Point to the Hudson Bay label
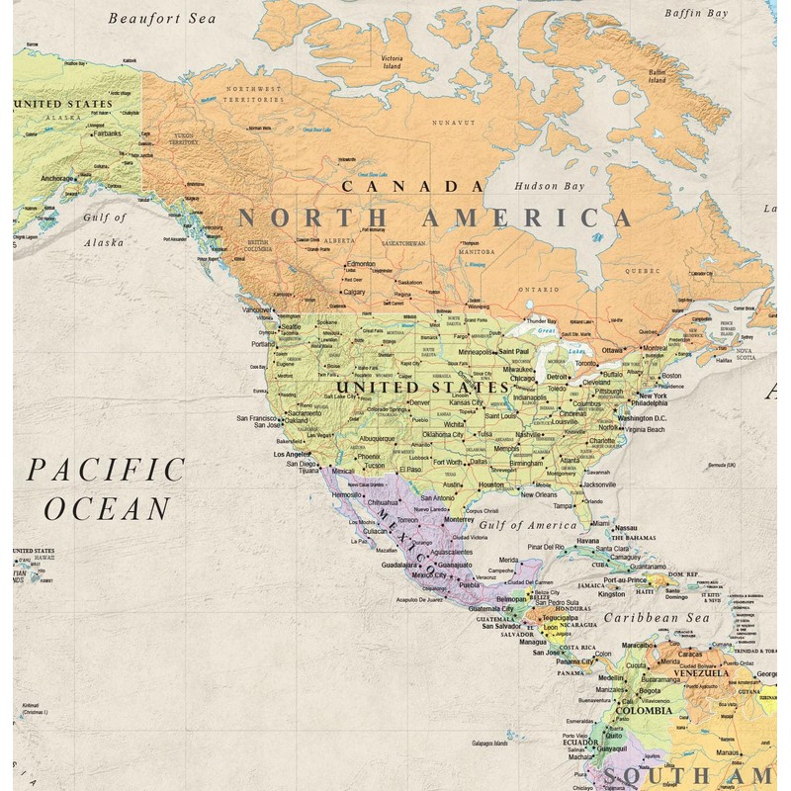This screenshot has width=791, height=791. (549, 186)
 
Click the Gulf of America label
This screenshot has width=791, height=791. (529, 525)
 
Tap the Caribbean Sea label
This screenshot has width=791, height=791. (658, 618)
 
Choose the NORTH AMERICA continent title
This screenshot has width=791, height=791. (434, 219)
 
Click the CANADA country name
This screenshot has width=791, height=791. (412, 186)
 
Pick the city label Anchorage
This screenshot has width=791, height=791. (56, 179)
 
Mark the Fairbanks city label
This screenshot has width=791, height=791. (107, 133)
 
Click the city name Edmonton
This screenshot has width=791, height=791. (361, 264)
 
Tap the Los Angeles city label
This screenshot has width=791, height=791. (291, 454)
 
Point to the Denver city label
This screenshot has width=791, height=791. (420, 402)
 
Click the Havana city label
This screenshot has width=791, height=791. (588, 541)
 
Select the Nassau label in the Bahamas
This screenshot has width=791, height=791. (626, 528)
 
